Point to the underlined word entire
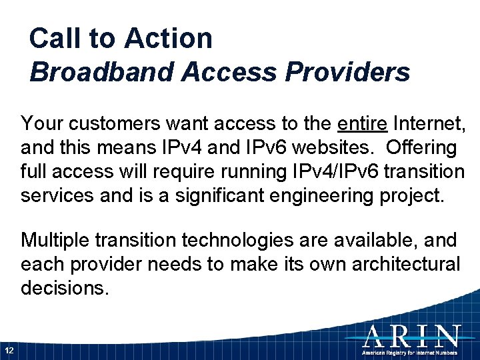[x=363, y=123]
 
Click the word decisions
[x=65, y=288]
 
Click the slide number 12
[x=9, y=350]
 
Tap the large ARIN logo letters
[x=411, y=335]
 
